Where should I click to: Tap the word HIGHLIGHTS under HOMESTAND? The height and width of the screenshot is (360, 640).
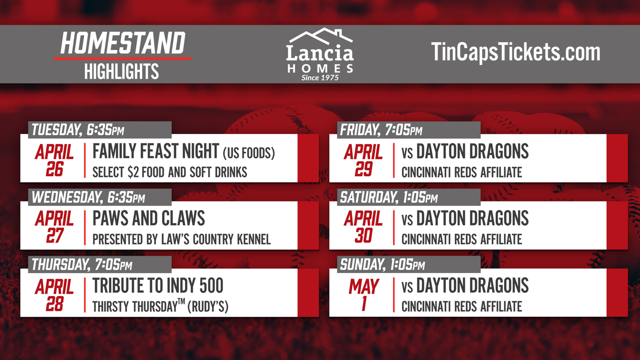pyautogui.click(x=121, y=71)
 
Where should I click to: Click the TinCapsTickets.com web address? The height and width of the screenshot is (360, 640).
pyautogui.click(x=516, y=52)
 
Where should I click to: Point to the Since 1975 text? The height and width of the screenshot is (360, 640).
pyautogui.click(x=320, y=78)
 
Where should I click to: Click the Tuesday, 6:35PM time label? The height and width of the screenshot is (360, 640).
pyautogui.click(x=78, y=130)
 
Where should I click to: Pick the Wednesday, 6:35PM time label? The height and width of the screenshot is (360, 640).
pyautogui.click(x=88, y=197)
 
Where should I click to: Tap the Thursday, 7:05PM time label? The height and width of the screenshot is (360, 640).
pyautogui.click(x=82, y=264)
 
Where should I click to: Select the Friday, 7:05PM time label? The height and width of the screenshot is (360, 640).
pyautogui.click(x=381, y=130)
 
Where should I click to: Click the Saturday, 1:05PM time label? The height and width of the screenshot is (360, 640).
pyautogui.click(x=389, y=197)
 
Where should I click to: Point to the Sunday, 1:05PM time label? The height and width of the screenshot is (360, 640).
pyautogui.click(x=382, y=264)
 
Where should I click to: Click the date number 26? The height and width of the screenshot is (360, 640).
pyautogui.click(x=54, y=169)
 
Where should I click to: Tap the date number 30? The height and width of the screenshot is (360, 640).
pyautogui.click(x=363, y=236)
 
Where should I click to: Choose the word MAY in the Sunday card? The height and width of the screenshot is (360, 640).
pyautogui.click(x=363, y=286)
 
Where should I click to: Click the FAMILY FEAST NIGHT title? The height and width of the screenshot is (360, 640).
pyautogui.click(x=156, y=151)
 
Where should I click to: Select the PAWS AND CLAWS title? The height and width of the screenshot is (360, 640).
pyautogui.click(x=149, y=218)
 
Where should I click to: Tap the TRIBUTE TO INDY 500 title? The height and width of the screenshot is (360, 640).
pyautogui.click(x=158, y=286)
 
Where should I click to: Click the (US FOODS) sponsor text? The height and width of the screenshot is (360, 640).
pyautogui.click(x=249, y=153)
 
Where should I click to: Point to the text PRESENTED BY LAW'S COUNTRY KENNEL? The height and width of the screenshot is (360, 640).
pyautogui.click(x=181, y=239)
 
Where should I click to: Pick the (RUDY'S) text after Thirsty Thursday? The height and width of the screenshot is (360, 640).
pyautogui.click(x=208, y=307)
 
